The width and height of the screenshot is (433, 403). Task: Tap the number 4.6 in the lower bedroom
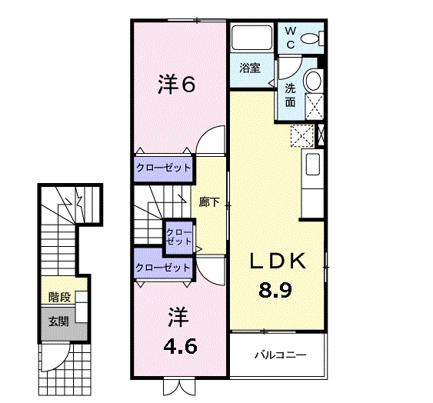pyautogui.click(x=181, y=345)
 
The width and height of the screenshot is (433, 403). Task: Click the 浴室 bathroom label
pyautogui.click(x=248, y=67)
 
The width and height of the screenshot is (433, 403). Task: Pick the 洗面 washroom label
pyautogui.click(x=291, y=94)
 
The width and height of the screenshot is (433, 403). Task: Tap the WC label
pyautogui.click(x=291, y=36)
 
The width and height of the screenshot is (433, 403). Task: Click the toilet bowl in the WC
pyautogui.click(x=312, y=38)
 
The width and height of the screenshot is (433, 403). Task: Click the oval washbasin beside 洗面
pyautogui.click(x=314, y=80)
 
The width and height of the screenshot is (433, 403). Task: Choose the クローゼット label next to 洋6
pyautogui.click(x=163, y=168)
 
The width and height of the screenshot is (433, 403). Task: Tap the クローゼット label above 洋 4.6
pyautogui.click(x=163, y=268)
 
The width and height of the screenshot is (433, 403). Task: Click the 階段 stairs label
pyautogui.click(x=58, y=296)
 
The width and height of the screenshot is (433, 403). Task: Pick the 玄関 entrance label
pyautogui.click(x=58, y=321)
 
